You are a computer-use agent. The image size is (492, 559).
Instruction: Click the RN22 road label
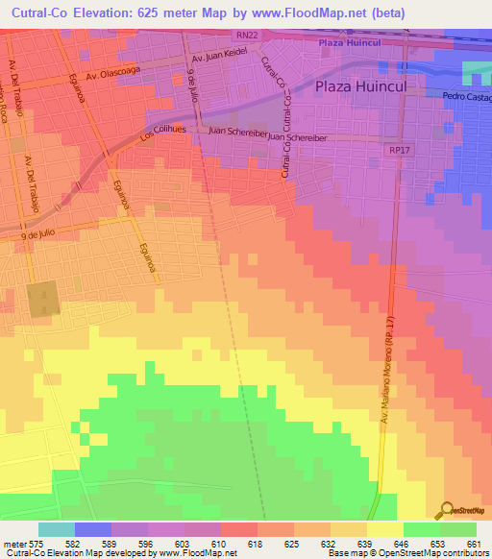pyautogui.click(x=246, y=36)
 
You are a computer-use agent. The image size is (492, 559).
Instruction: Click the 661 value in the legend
pyautogui.click(x=473, y=545)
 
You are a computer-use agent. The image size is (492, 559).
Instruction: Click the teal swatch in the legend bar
pyautogui.click(x=57, y=529)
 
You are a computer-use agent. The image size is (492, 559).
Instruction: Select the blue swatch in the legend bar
pyautogui.click(x=93, y=529)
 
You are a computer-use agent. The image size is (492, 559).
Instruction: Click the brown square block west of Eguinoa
pyautogui.click(x=42, y=301)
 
